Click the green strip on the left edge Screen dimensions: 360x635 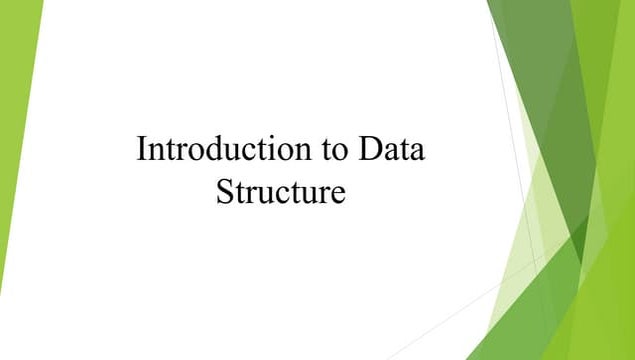(x=15, y=120)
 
